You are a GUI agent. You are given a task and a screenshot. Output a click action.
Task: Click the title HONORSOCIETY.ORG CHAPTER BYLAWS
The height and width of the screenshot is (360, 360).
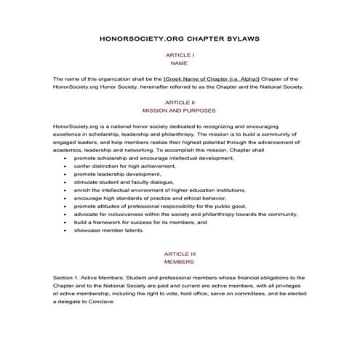click(x=179, y=36)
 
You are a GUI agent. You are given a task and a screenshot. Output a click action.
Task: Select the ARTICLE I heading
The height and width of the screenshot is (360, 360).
click(x=179, y=55)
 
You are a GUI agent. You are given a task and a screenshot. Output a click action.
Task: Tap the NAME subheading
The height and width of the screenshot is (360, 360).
click(x=179, y=63)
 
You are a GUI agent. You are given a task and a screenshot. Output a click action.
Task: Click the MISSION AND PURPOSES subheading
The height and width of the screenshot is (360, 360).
click(x=179, y=112)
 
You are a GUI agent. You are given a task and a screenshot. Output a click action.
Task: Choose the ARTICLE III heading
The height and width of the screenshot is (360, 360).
click(x=179, y=253)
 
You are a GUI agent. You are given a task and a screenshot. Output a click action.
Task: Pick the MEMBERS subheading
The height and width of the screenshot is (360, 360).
click(x=179, y=262)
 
